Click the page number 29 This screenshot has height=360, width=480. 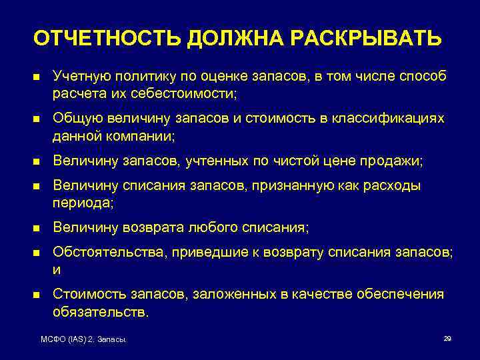tap(447, 339)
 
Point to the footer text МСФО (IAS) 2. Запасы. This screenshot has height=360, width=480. tap(84, 341)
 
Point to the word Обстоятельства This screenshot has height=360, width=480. tap(102, 253)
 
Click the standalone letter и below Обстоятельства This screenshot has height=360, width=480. tap(57, 270)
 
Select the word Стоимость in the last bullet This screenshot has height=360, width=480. tap(83, 294)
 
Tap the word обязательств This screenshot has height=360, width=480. tap(100, 311)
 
